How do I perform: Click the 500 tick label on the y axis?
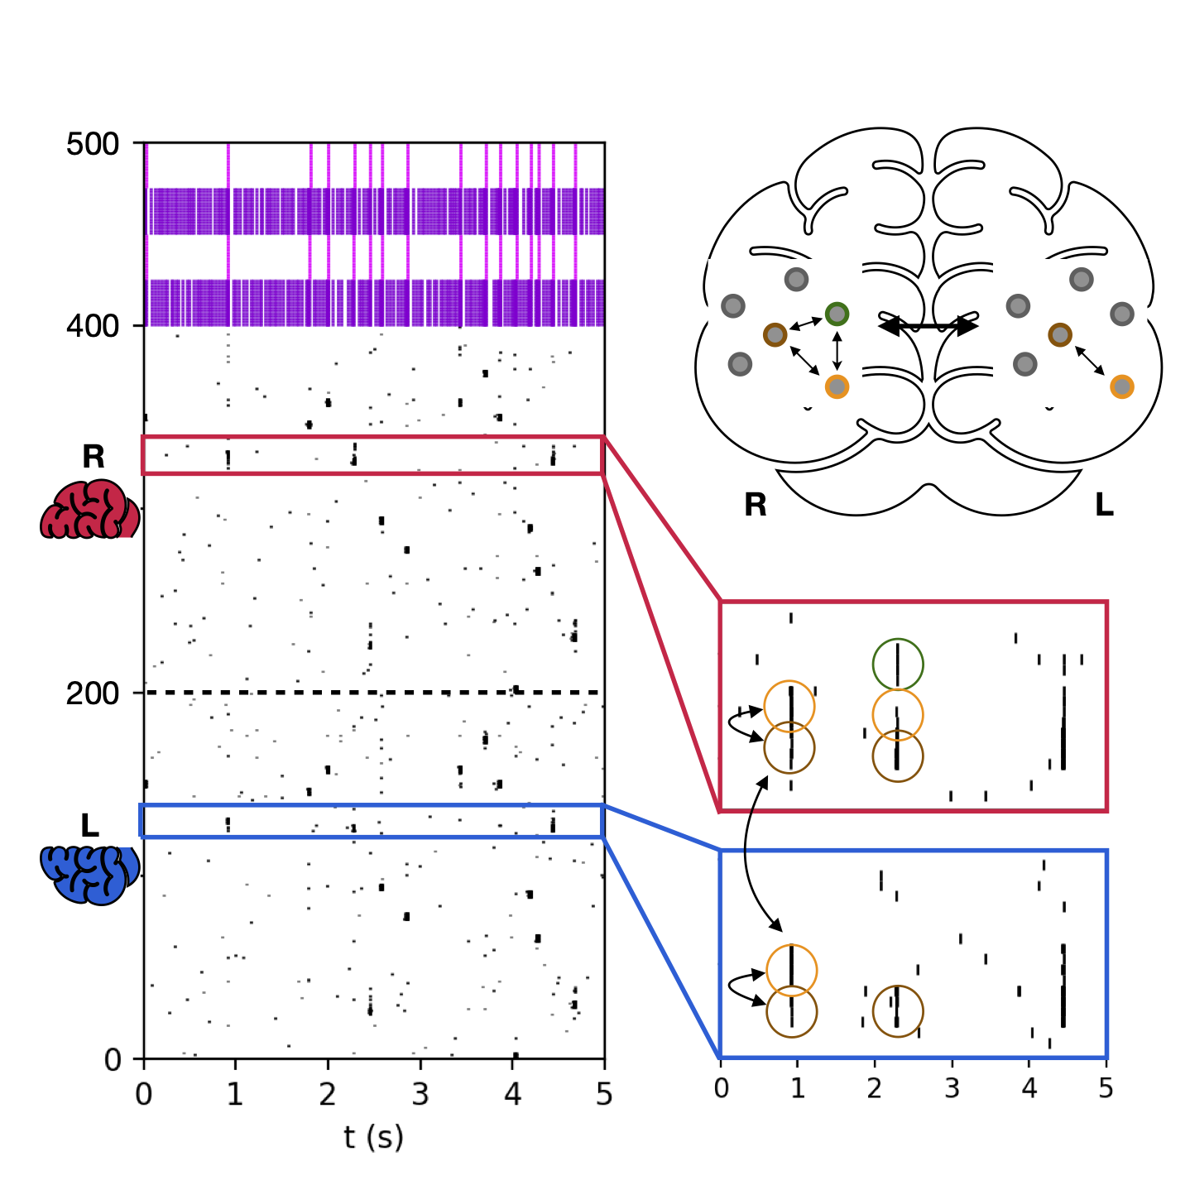(x=92, y=144)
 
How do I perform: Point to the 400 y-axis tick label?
(x=92, y=327)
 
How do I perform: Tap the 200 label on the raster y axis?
(x=92, y=693)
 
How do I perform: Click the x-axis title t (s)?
(x=374, y=1137)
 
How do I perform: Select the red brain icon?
(x=89, y=509)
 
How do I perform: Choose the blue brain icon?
(x=89, y=874)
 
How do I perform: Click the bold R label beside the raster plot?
(x=93, y=457)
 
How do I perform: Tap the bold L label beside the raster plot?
(x=90, y=825)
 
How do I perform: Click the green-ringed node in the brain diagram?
(x=837, y=314)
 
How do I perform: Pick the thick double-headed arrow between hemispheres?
(x=928, y=326)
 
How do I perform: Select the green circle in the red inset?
(x=898, y=664)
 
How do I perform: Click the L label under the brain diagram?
(x=1104, y=505)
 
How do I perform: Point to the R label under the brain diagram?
(x=755, y=505)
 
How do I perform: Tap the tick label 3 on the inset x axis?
(x=952, y=1087)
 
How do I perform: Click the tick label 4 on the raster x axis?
(x=513, y=1095)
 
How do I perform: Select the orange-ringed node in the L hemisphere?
(x=1121, y=386)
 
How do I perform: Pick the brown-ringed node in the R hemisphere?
(x=775, y=334)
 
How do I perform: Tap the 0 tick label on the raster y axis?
(x=113, y=1060)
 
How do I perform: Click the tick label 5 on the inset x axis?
(x=1106, y=1087)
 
